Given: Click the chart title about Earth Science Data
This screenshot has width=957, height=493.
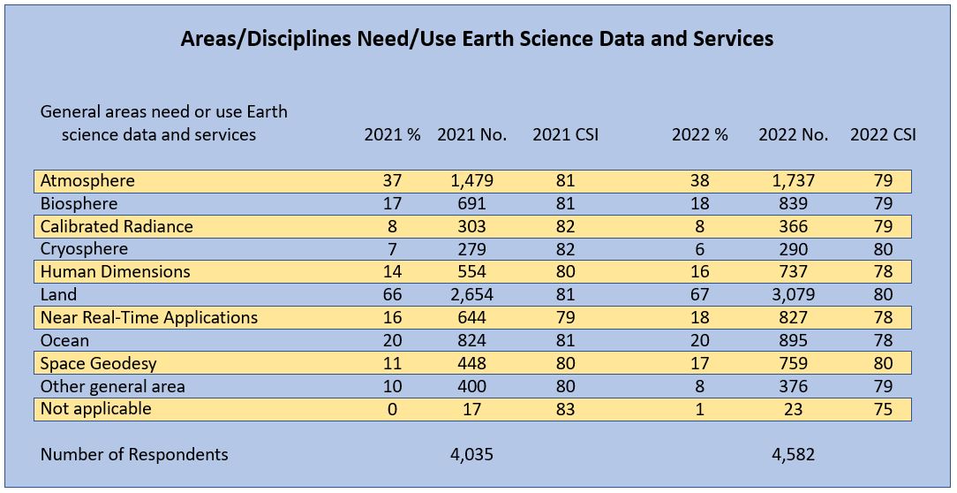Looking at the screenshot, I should click(x=477, y=39).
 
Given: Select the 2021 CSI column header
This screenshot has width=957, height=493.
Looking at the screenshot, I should click(x=565, y=135).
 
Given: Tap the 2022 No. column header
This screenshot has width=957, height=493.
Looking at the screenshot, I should click(x=793, y=135).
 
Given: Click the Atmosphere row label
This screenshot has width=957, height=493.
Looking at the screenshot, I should click(x=87, y=181).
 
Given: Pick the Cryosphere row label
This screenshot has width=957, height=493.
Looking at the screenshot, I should click(x=84, y=249).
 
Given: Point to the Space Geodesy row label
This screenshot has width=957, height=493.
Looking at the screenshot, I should click(x=99, y=363).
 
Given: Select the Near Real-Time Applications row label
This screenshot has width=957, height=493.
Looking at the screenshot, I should click(x=149, y=317).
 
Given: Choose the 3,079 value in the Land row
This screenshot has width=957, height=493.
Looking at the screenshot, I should click(x=793, y=295).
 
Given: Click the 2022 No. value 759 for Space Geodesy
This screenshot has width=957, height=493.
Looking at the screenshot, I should click(x=793, y=363).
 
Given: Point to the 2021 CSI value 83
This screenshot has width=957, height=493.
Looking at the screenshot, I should click(x=565, y=409).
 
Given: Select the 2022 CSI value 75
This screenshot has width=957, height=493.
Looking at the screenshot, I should click(x=883, y=409).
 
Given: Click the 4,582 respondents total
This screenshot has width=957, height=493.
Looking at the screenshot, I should click(x=793, y=455).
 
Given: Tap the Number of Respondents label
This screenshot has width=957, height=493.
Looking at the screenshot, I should click(x=134, y=455).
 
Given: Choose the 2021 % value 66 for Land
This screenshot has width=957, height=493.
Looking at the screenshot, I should click(x=392, y=295).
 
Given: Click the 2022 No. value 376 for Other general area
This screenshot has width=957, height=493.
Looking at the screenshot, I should click(x=793, y=386).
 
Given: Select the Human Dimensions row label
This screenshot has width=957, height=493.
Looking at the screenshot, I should click(x=115, y=272).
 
